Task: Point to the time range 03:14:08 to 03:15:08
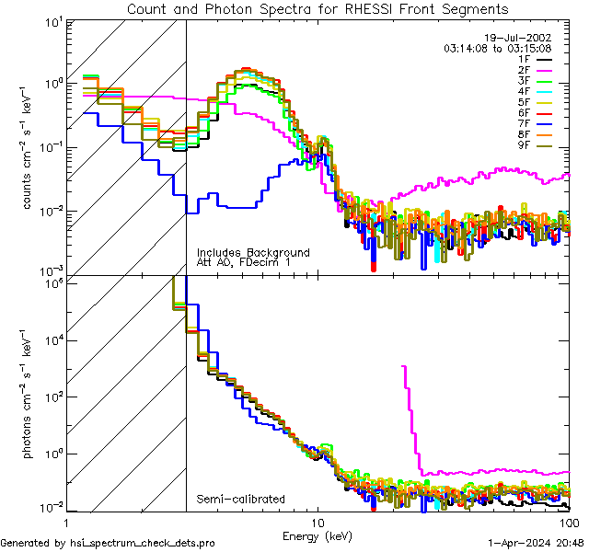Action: point(497,47)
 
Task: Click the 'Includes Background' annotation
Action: point(253,252)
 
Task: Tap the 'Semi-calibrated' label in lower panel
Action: point(241,500)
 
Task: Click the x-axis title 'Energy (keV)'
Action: point(318,535)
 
